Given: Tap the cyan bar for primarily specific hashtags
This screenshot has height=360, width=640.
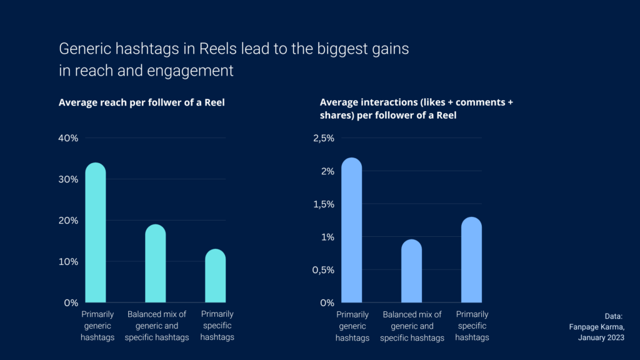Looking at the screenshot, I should coord(215,276).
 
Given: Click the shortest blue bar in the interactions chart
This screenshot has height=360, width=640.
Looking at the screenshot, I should coord(411,271).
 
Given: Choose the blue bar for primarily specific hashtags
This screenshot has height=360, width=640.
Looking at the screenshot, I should coord(471,260).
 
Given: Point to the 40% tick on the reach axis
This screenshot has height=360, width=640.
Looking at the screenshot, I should coord(68,138).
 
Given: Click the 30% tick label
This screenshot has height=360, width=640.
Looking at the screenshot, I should coord(68,179).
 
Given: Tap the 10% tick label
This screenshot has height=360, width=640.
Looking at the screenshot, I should coord(68,261).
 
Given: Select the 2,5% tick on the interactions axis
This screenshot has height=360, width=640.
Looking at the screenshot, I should coord(323,138).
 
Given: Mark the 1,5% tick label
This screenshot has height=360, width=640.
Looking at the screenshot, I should coord(323,204).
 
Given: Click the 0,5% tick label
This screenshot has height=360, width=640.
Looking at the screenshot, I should coord(323,270).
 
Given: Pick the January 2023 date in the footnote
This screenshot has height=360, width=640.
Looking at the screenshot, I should coord(601,337).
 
